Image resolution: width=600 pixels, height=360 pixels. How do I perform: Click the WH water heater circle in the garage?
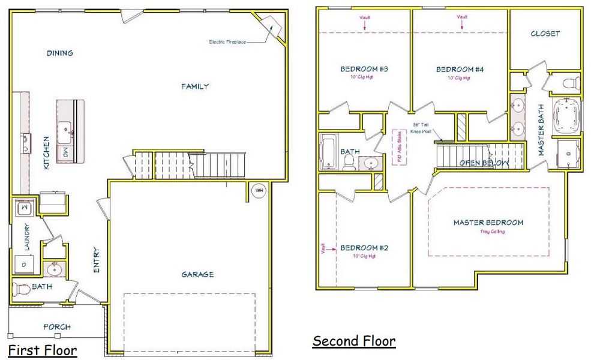coord(259,191)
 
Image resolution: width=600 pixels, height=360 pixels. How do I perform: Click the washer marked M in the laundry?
coord(24,208)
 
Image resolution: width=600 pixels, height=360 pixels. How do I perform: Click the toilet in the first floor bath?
coord(22,289)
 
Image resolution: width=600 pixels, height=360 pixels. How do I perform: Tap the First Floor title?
coord(43,350)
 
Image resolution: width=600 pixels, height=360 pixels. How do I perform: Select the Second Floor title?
coord(354,341)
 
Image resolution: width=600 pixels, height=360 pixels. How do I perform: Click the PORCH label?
coord(57,327)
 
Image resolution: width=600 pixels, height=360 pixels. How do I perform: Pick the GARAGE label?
coord(197,275)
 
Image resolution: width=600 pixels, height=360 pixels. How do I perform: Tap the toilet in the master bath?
coord(570,82)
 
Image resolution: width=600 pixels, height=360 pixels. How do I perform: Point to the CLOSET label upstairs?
coord(545,34)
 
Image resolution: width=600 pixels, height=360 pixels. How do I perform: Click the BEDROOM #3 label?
coord(364,69)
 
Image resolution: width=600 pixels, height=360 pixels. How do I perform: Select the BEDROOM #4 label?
coord(460,70)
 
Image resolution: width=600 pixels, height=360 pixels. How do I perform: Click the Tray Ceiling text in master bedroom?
coord(492,232)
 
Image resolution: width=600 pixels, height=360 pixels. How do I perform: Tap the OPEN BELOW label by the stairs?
coord(484,163)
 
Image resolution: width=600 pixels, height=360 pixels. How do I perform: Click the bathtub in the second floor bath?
coord(331,153)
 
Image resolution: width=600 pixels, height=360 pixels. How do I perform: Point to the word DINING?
coord(60,53)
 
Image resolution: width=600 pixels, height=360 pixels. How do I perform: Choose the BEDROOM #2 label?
coord(364,248)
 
